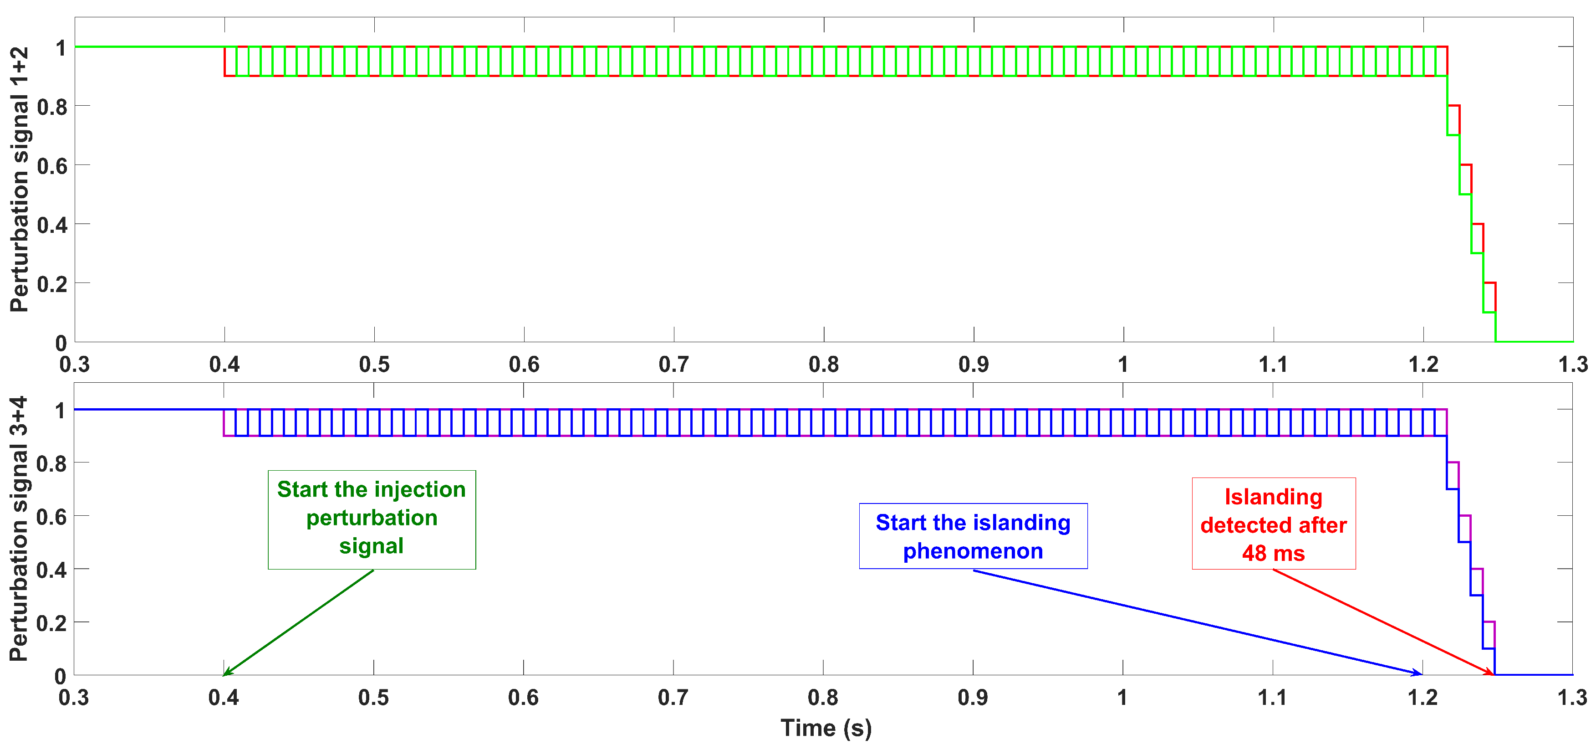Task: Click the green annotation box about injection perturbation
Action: (371, 519)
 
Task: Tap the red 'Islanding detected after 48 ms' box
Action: (1273, 523)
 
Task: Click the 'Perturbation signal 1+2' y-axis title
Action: (20, 179)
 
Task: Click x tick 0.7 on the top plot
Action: (673, 365)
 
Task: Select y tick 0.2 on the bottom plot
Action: (51, 623)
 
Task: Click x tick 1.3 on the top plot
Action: (1572, 365)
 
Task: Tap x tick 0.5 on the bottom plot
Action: (373, 698)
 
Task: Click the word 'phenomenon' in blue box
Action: (972, 550)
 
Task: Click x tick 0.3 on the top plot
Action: (74, 365)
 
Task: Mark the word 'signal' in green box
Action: (371, 545)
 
